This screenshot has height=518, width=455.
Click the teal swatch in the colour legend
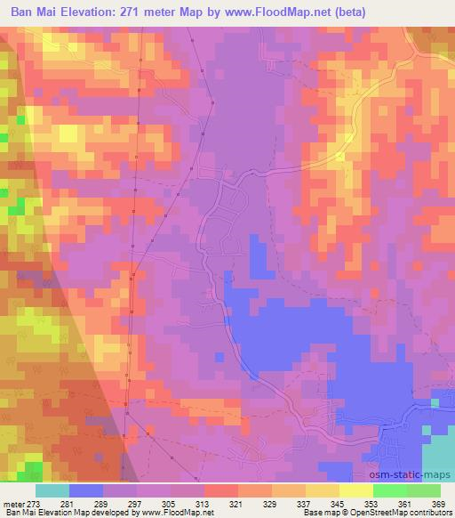coord(52,490)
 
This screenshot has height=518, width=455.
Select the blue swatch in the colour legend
coord(86,490)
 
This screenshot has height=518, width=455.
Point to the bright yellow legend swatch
coord(356,490)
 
